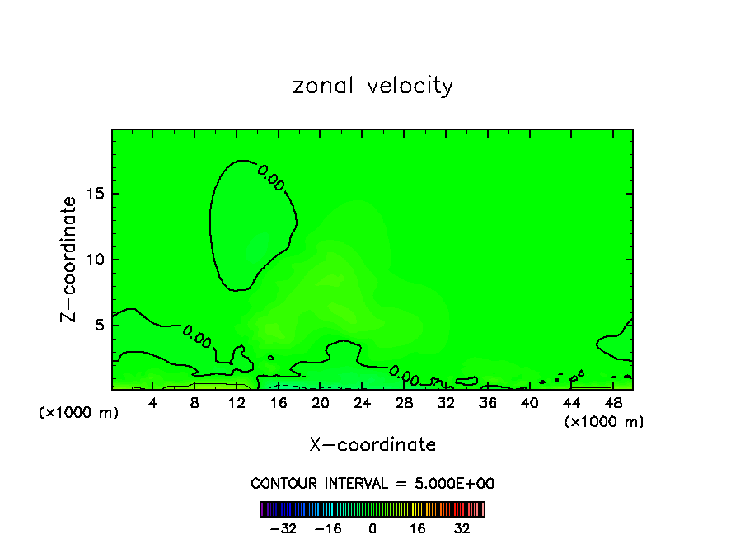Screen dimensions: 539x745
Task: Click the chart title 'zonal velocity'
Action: pos(372,86)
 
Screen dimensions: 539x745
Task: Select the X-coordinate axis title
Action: pos(372,445)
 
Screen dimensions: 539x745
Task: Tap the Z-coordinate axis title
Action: pos(70,259)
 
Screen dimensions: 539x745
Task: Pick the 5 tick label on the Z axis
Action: pos(98,325)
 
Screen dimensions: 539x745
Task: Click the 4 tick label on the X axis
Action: pos(153,404)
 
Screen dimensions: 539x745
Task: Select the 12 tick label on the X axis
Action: pos(237,404)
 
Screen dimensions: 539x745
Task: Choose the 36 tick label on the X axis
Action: pos(487,404)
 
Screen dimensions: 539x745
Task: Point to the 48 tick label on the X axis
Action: pos(612,404)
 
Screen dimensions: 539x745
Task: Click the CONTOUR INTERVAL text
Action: pos(372,484)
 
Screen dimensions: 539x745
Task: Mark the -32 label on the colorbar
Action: pos(283,528)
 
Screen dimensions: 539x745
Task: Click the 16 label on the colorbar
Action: pos(418,528)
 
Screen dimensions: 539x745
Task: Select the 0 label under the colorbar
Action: pos(372,528)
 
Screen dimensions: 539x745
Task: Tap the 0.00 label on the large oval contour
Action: pos(271,177)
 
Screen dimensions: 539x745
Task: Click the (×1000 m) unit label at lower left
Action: pos(79,413)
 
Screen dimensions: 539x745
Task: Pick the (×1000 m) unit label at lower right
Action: pos(604,422)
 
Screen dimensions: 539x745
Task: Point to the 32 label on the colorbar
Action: pos(462,528)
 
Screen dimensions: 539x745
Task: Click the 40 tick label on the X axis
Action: pos(529,404)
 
